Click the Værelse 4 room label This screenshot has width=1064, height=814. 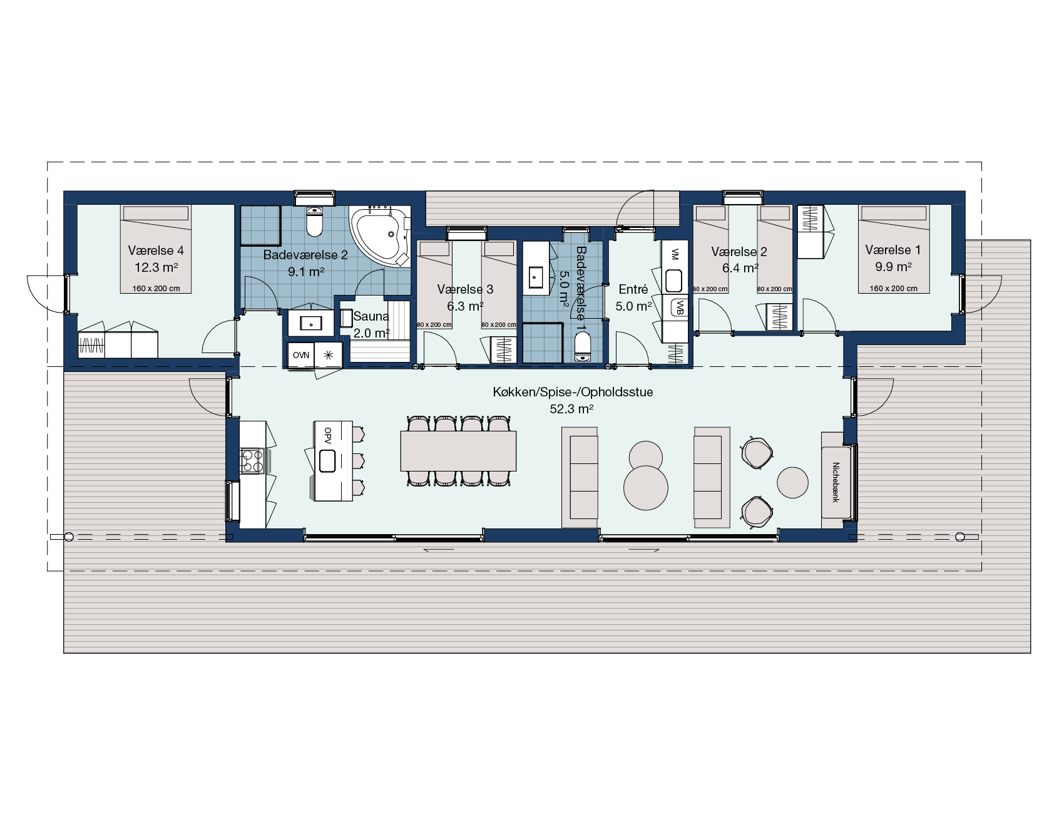click(x=156, y=250)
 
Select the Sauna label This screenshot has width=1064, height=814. click(x=371, y=316)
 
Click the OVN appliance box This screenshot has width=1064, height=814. click(x=300, y=355)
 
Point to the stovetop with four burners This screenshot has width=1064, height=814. click(x=252, y=461)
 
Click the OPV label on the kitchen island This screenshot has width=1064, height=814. click(x=327, y=436)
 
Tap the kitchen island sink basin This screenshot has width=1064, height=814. click(x=328, y=461)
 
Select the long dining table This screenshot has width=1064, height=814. click(x=458, y=450)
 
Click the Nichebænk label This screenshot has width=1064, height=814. click(x=835, y=482)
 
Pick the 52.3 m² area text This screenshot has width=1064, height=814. click(x=571, y=409)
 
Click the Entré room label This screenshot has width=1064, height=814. click(x=633, y=289)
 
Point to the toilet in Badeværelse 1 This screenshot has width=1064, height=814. click(x=583, y=346)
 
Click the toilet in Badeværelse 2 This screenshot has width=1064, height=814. click(x=314, y=222)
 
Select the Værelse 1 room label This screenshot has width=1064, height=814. click(x=893, y=250)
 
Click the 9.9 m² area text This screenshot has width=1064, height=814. click(x=893, y=267)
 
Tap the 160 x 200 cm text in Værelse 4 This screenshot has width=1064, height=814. click(x=156, y=289)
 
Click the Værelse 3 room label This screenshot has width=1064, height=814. click(x=465, y=289)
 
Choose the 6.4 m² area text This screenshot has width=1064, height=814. click(x=740, y=268)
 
